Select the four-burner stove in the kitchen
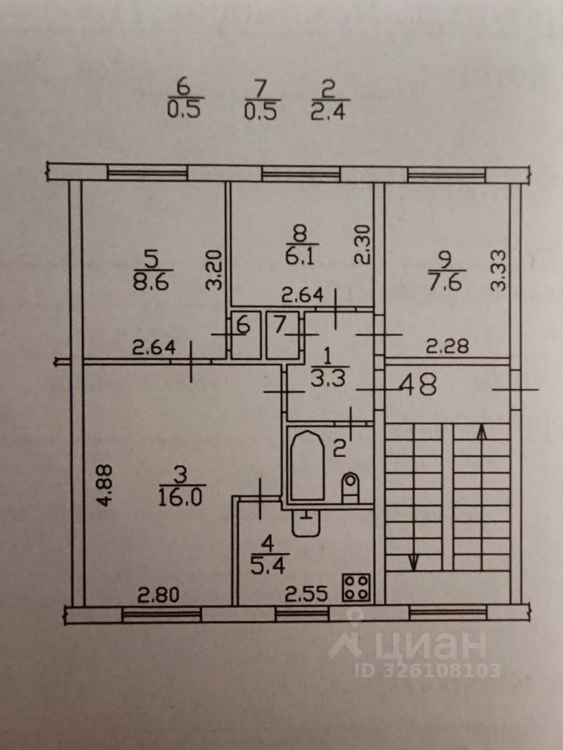tap(357, 587)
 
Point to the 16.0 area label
tap(181, 498)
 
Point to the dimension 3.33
tap(498, 270)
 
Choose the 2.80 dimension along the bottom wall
tap(160, 595)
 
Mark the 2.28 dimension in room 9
tap(446, 346)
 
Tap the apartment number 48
tap(417, 386)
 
